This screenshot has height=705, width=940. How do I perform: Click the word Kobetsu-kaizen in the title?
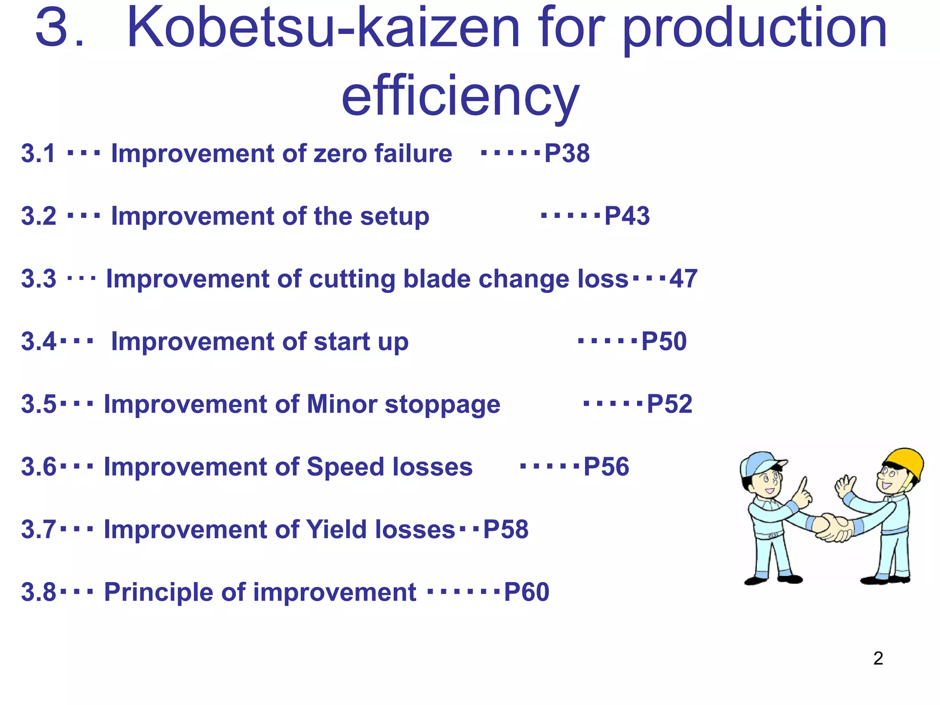[x=324, y=28]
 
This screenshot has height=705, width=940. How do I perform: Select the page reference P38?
[x=567, y=153]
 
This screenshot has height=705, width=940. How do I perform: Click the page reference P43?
[x=627, y=216]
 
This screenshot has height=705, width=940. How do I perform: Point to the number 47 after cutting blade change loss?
[x=683, y=279]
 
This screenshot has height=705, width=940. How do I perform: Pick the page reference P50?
[x=664, y=341]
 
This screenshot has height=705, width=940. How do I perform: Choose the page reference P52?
[x=669, y=404]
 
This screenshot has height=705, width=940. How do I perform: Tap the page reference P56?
[x=606, y=467]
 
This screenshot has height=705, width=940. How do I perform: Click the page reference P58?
[x=506, y=529]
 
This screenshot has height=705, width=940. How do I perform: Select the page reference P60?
[x=526, y=592]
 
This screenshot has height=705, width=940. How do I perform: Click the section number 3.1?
[x=39, y=153]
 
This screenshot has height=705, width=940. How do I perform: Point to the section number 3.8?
[x=39, y=592]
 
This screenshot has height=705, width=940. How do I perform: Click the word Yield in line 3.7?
[x=336, y=529]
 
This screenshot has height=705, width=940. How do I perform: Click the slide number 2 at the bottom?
[x=878, y=658]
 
